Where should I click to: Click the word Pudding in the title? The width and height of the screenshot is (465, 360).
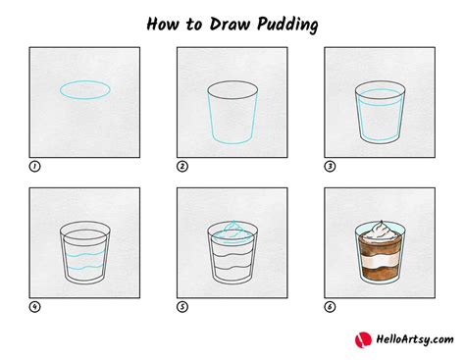tap(287, 25)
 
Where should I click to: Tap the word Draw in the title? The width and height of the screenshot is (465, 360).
tap(230, 25)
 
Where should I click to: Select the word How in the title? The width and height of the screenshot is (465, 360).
tap(163, 25)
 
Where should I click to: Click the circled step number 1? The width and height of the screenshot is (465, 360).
tap(34, 167)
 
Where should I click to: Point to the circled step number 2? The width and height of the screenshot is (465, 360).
tap(182, 167)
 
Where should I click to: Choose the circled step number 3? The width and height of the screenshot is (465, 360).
tap(330, 167)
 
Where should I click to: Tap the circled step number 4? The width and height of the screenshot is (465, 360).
tap(34, 307)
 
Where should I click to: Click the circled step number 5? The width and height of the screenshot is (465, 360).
tap(182, 307)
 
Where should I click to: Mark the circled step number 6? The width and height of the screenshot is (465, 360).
tap(330, 307)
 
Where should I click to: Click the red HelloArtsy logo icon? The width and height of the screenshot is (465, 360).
tap(363, 340)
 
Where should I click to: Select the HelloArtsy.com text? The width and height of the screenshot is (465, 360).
tap(415, 339)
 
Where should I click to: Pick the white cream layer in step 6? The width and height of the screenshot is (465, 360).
tap(381, 262)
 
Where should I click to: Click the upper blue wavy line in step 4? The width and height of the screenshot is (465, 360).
tap(84, 254)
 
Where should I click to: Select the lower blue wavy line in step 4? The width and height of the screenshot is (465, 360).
tap(84, 268)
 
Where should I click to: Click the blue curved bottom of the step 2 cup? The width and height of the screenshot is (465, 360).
tap(232, 143)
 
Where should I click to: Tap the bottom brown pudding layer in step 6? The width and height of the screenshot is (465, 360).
tap(381, 274)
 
